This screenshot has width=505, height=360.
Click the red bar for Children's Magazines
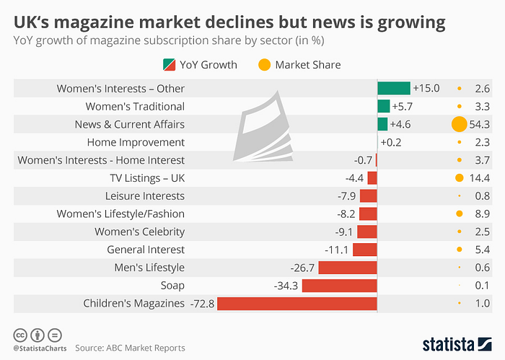click(x=297, y=303)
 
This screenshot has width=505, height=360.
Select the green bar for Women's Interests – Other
click(x=393, y=88)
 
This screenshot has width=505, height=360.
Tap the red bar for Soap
click(x=339, y=285)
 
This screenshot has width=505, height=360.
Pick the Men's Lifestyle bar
click(x=347, y=268)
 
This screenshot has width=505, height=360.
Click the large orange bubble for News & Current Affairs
click(x=458, y=124)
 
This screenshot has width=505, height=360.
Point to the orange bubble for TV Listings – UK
click(x=459, y=177)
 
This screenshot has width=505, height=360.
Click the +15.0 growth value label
click(x=426, y=88)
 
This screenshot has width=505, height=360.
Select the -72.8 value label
click(x=202, y=303)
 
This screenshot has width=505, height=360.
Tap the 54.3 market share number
click(x=480, y=124)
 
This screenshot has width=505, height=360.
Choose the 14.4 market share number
click(x=480, y=177)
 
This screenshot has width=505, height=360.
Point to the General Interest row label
click(x=146, y=250)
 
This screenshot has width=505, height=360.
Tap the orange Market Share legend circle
click(x=263, y=64)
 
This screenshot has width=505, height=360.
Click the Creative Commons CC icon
click(x=20, y=335)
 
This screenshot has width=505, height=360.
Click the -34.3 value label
click(x=286, y=285)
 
